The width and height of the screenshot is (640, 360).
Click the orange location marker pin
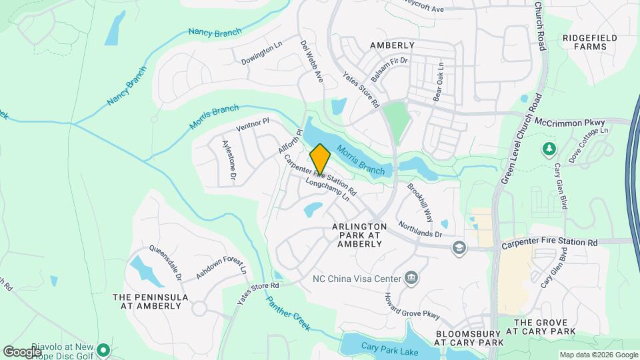[x=320, y=159]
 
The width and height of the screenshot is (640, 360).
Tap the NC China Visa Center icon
[x=412, y=278]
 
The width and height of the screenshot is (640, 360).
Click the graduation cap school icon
[x=458, y=248]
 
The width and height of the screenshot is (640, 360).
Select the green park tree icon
[x=549, y=148]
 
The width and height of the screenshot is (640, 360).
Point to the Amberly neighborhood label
[x=392, y=45]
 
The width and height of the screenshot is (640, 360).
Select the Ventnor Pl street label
[x=253, y=125]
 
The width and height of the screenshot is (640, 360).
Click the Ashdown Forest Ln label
[x=221, y=264]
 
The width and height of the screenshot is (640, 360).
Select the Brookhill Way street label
[x=420, y=203]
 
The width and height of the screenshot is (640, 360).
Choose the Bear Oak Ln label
[x=439, y=82]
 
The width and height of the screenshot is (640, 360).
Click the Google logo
[x=22, y=351]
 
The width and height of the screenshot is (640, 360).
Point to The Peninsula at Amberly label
[x=150, y=301]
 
